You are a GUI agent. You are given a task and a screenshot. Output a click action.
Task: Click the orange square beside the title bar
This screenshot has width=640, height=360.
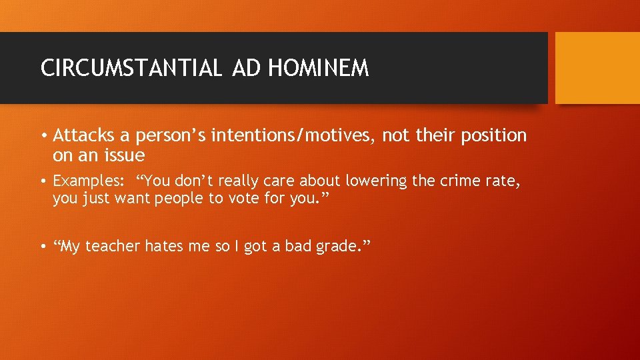(597, 68)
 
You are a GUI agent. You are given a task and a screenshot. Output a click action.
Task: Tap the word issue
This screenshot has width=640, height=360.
(123, 156)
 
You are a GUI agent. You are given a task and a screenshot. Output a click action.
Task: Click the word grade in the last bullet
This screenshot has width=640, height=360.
(337, 247)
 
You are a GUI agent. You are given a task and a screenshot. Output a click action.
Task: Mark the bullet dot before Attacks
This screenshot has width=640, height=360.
(43, 137)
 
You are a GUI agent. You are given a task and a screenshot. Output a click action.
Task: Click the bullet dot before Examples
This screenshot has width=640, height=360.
(43, 181)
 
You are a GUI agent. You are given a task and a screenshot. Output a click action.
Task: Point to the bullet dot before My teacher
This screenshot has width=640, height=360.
(43, 247)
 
